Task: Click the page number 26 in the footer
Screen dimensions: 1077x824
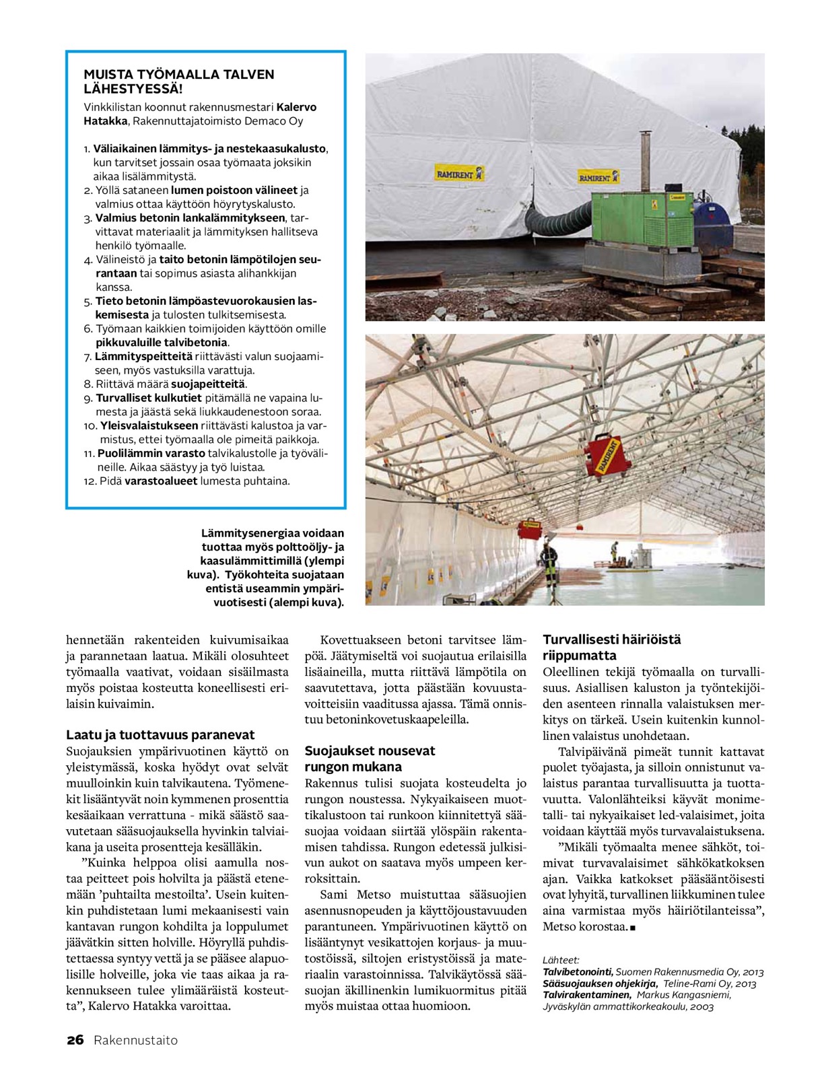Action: tap(75, 1040)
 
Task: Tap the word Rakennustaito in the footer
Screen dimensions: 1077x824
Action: tap(136, 1040)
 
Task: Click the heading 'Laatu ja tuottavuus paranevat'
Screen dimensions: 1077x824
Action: tap(160, 734)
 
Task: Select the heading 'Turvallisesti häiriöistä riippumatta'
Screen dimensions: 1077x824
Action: tap(611, 648)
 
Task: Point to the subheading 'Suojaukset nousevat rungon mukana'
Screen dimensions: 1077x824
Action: tap(370, 759)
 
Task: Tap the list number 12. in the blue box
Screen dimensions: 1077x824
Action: tap(90, 481)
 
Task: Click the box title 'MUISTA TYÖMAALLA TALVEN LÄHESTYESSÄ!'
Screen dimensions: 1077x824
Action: tap(178, 81)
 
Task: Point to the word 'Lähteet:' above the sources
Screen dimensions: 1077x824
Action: tap(561, 961)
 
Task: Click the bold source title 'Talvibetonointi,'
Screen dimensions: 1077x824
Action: tap(578, 972)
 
